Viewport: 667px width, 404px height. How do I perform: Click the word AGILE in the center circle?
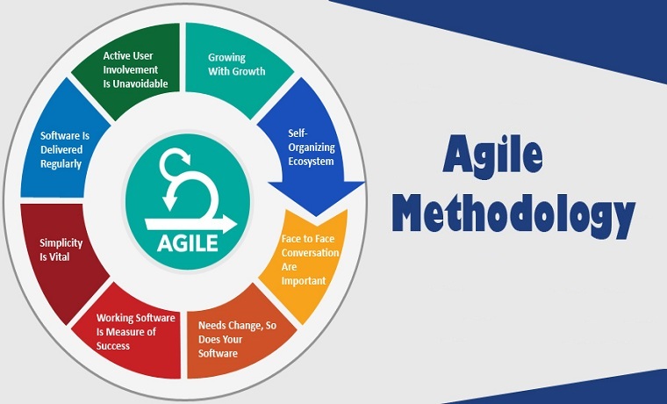point(187,243)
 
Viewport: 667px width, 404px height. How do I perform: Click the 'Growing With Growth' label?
point(236,64)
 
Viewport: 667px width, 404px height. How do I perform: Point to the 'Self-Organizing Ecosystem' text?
point(312,148)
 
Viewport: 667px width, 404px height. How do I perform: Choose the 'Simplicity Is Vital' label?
point(61,250)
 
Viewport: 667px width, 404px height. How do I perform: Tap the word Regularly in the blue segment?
point(61,164)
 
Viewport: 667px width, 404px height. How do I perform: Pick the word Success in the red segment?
point(112,346)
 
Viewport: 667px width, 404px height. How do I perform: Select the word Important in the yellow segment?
point(304,281)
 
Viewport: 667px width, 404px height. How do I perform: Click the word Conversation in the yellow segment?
point(310,253)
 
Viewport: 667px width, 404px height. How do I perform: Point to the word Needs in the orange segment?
point(212,326)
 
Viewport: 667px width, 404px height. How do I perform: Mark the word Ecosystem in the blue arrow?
point(311,162)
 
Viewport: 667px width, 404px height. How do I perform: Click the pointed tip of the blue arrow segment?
point(316,215)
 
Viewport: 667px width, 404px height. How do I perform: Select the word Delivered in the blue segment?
point(61,150)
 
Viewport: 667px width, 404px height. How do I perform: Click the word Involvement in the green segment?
point(131,69)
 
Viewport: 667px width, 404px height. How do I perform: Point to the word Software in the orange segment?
point(218,353)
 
